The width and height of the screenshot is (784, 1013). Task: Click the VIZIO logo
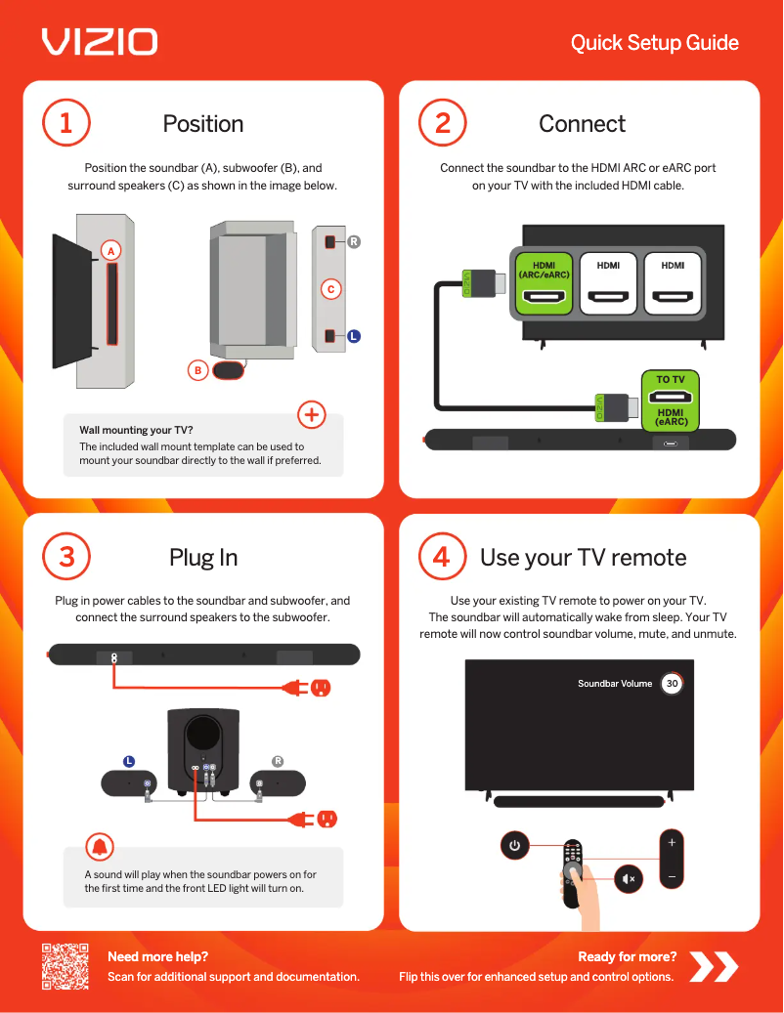coord(99,41)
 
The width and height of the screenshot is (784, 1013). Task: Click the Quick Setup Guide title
coord(654,43)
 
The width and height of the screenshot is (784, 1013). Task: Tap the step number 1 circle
coord(65,123)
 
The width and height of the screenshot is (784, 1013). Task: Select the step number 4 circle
coord(442,557)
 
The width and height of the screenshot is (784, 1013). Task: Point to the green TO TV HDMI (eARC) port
coord(671,401)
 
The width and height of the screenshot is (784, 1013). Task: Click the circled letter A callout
coord(111,251)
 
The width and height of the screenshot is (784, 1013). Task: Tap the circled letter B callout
coord(197,370)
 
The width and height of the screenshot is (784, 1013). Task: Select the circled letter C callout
coord(331,289)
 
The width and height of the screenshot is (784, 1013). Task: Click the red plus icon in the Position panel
coord(311,414)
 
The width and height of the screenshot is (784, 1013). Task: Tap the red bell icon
coord(100,846)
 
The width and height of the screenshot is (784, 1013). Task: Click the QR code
coord(65,966)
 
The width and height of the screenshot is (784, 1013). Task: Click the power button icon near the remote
coord(515,846)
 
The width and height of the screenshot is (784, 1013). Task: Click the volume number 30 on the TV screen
coord(672,684)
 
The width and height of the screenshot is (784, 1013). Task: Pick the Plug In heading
coord(203,557)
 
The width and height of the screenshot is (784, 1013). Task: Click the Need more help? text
coord(157,956)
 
